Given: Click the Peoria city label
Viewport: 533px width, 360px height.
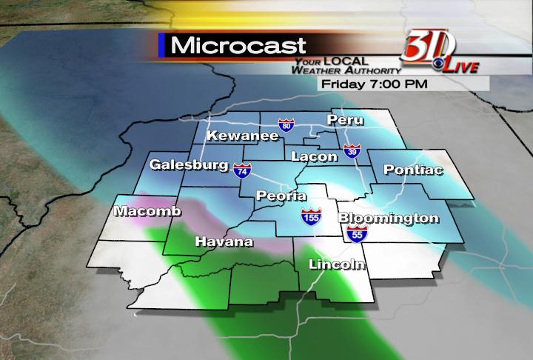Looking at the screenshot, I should (x=277, y=196).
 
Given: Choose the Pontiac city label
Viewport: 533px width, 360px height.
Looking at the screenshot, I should (x=413, y=170).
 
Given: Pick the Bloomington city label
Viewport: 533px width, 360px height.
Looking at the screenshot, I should (x=389, y=219).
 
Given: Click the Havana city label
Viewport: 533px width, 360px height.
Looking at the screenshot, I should (x=224, y=241).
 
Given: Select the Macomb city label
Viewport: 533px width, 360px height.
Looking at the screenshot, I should (x=147, y=212).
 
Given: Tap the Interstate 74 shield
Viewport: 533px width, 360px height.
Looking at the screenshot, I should (x=241, y=170).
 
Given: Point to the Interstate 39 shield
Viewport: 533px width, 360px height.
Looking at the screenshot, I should (x=352, y=153).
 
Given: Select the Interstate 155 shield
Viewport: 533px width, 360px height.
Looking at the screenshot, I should (x=312, y=218).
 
